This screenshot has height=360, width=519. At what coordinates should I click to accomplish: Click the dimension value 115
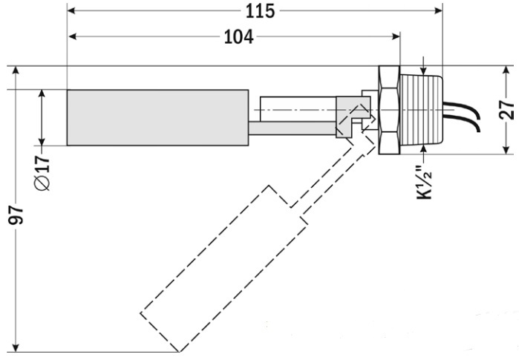tap(260, 11)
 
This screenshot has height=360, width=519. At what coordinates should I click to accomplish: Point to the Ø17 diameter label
tap(42, 171)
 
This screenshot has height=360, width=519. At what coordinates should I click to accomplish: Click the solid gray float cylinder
tap(157, 117)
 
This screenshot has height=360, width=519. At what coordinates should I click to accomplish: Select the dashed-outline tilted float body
tap(223, 268)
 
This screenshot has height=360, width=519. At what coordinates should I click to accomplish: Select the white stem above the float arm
tap(297, 109)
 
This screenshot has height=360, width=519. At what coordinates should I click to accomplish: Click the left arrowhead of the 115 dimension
tap(73, 11)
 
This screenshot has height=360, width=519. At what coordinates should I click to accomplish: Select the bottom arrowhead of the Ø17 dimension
tap(42, 140)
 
